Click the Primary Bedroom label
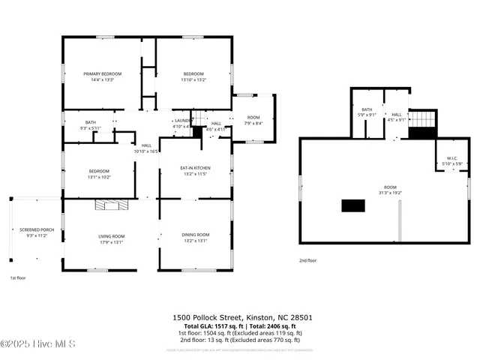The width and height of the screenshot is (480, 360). tap(102, 73)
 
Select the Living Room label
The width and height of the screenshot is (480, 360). tap(110, 236)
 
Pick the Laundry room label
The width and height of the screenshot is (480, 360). tap(182, 121)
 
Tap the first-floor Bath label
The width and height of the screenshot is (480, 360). tap(90, 122)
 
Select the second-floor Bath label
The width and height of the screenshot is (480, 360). tap(367, 110)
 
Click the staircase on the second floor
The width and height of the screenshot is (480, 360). tap(423, 120)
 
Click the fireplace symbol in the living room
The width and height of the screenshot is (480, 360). tap(112, 203)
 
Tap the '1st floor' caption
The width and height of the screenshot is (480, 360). tap(18, 278)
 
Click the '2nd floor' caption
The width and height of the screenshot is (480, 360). tap(307, 260)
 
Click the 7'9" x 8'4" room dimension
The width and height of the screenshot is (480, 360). tap(253, 123)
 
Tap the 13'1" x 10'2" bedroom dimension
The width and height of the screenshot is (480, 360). tap(100, 177)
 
